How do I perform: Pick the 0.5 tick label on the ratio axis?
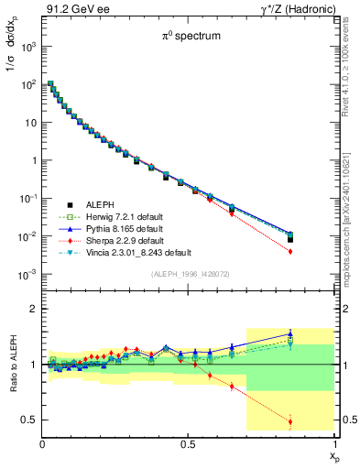tap(30, 420)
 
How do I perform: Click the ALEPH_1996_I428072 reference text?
tap(190, 275)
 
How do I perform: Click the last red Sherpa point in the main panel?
tap(316, 250)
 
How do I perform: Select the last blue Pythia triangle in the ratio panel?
tap(316, 334)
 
